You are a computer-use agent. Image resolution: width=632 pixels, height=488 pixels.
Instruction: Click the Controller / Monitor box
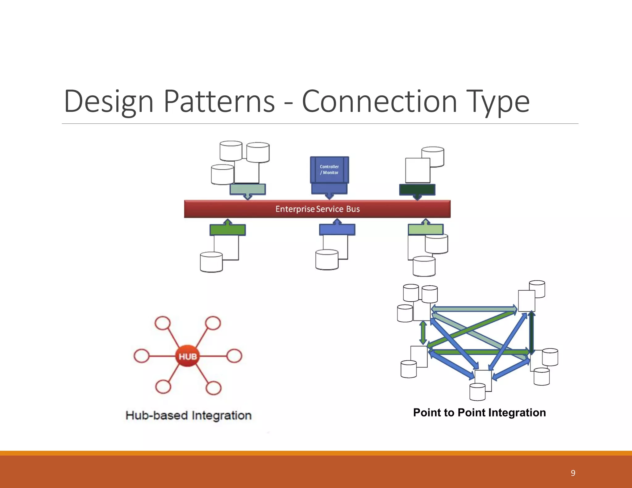329,170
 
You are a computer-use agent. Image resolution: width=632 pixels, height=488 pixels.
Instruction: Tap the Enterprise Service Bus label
318,209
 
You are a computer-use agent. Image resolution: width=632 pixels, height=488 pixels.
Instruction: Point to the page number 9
573,473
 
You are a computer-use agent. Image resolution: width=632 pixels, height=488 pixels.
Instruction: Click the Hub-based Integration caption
189,416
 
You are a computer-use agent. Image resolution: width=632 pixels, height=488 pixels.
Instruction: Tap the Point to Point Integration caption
479,413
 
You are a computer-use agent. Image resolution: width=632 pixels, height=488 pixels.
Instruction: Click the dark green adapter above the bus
417,189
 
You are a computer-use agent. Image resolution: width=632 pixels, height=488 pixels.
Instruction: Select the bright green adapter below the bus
228,230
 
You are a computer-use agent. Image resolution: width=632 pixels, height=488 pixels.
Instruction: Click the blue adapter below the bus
337,230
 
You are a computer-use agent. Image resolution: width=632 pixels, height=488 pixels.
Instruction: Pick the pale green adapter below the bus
426,229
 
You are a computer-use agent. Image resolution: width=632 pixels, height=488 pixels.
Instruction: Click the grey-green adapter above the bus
248,189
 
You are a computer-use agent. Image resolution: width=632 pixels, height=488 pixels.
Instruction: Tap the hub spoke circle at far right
234,356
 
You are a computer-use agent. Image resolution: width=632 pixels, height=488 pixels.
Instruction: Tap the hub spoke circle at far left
142,356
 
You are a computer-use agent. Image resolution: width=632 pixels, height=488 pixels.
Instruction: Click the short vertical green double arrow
423,333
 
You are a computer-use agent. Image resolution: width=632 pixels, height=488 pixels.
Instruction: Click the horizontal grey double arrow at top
474,309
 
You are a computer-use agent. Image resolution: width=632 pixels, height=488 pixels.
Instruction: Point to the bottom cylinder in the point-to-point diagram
477,392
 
